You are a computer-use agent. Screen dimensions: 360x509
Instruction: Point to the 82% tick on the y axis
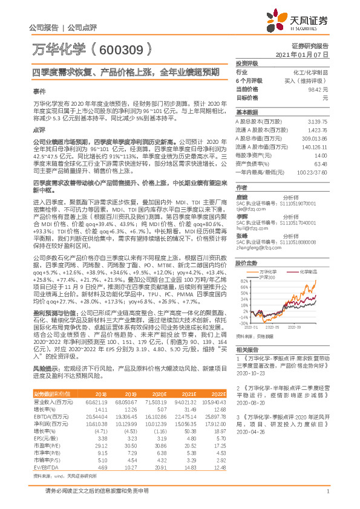click(x=243, y=265)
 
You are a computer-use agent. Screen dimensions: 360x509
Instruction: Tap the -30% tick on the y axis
click(x=243, y=323)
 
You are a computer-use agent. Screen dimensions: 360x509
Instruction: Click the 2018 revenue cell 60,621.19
click(x=97, y=401)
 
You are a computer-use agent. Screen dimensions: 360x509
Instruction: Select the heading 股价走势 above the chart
click(x=246, y=246)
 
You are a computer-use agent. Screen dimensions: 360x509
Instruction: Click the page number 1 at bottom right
click(x=327, y=498)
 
